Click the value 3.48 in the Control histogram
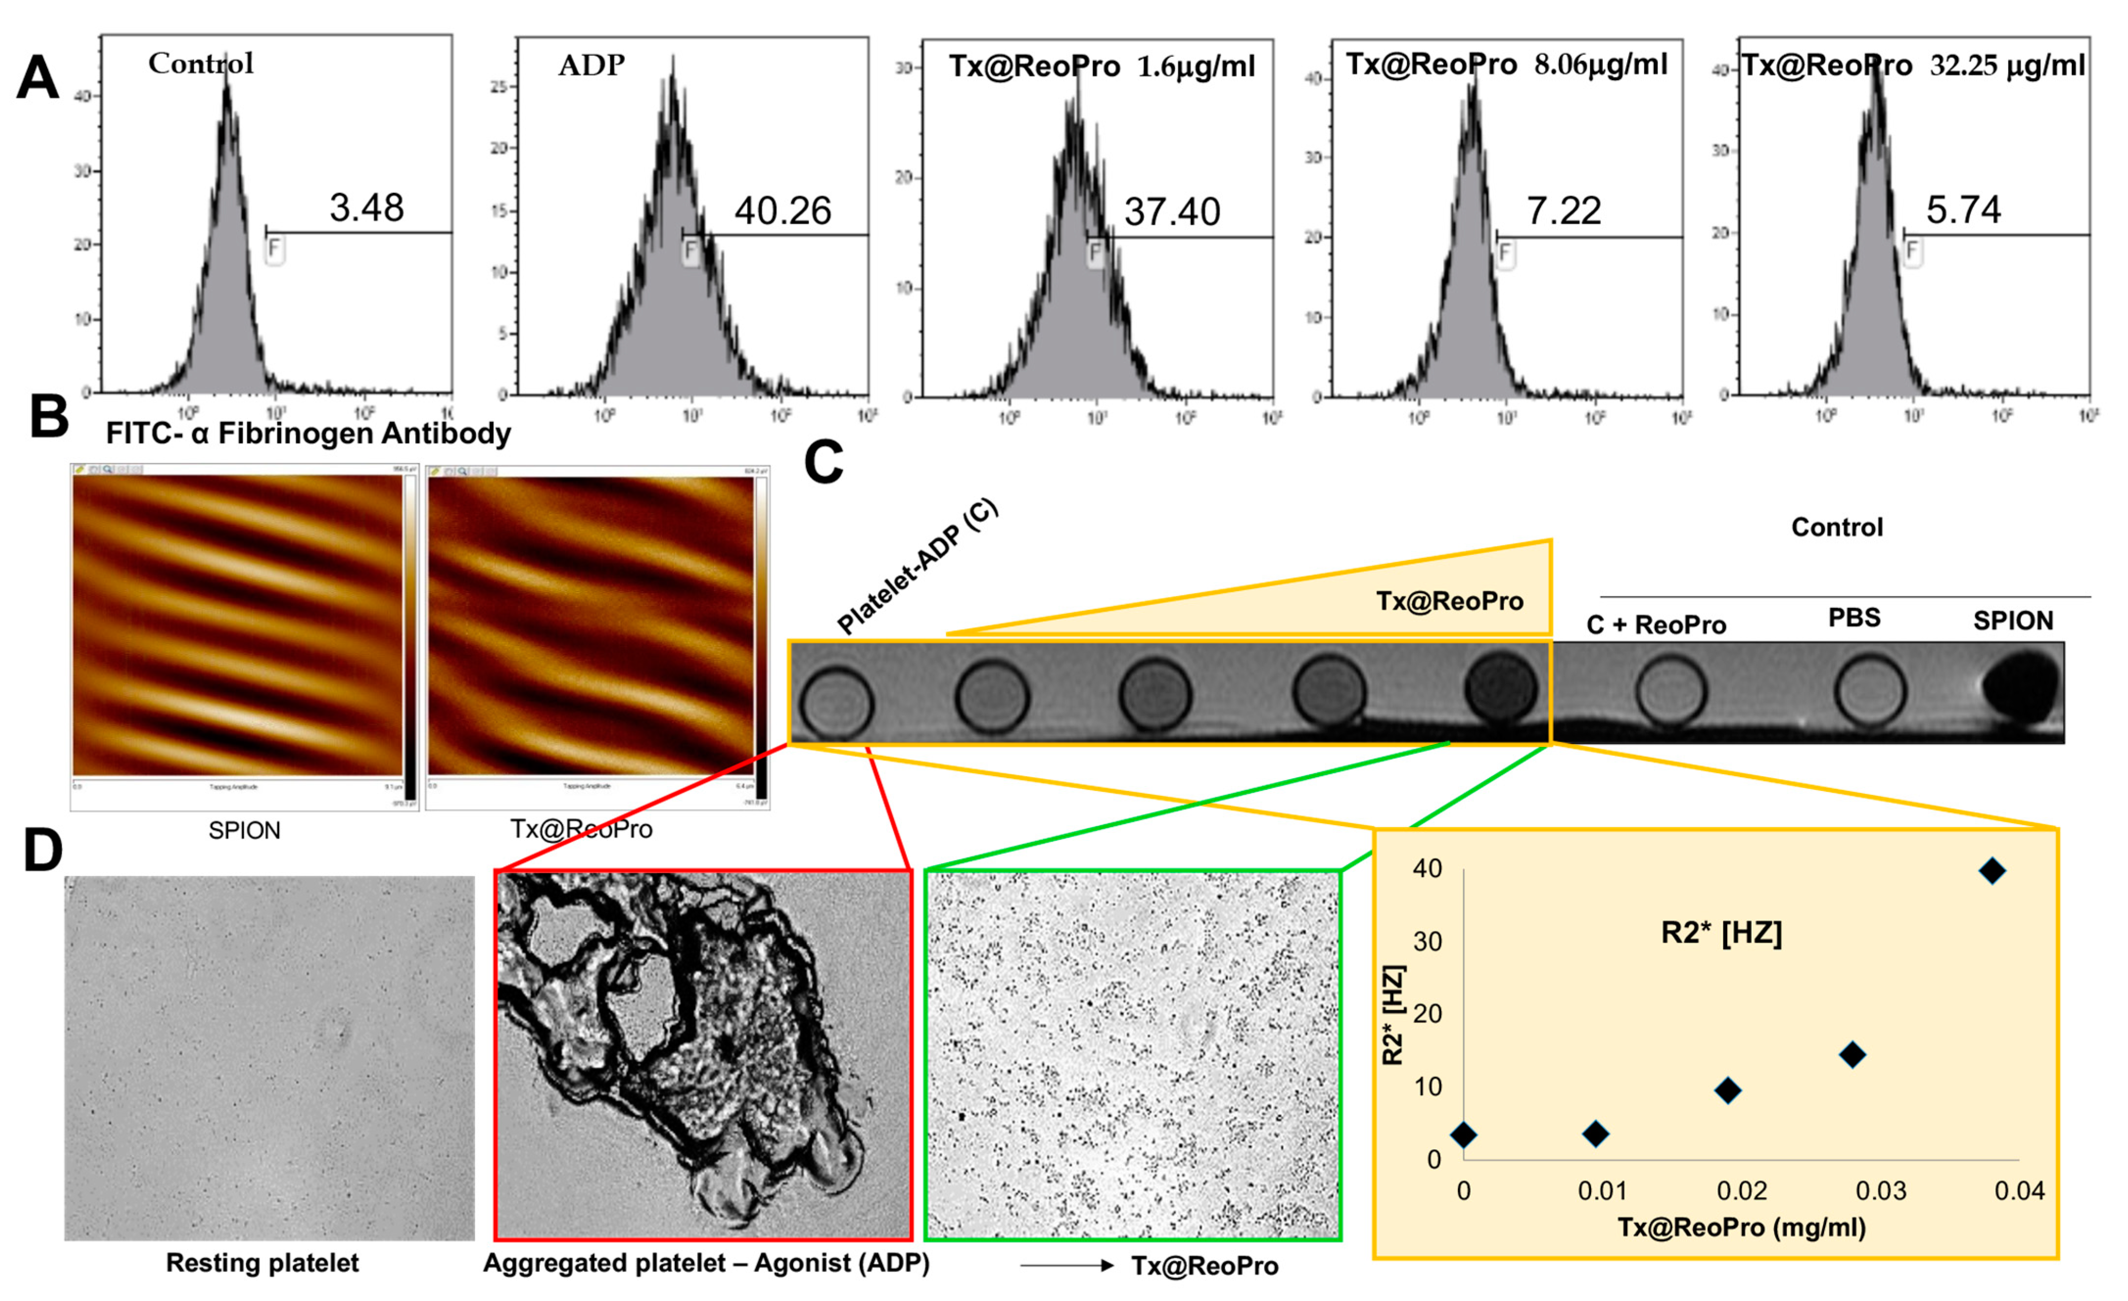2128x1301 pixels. point(366,208)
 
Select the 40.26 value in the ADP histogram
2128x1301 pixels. point(783,211)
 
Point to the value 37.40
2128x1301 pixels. point(1172,212)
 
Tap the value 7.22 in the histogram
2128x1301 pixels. point(1563,211)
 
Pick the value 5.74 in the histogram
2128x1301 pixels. point(1963,210)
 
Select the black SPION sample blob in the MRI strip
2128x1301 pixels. point(2019,688)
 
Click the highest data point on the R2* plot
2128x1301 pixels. point(1991,871)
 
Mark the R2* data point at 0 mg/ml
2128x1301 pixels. point(1463,1134)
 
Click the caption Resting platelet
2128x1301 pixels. point(262,1263)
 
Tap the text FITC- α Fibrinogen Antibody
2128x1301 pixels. point(308,433)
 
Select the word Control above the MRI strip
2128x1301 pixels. point(1836,527)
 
